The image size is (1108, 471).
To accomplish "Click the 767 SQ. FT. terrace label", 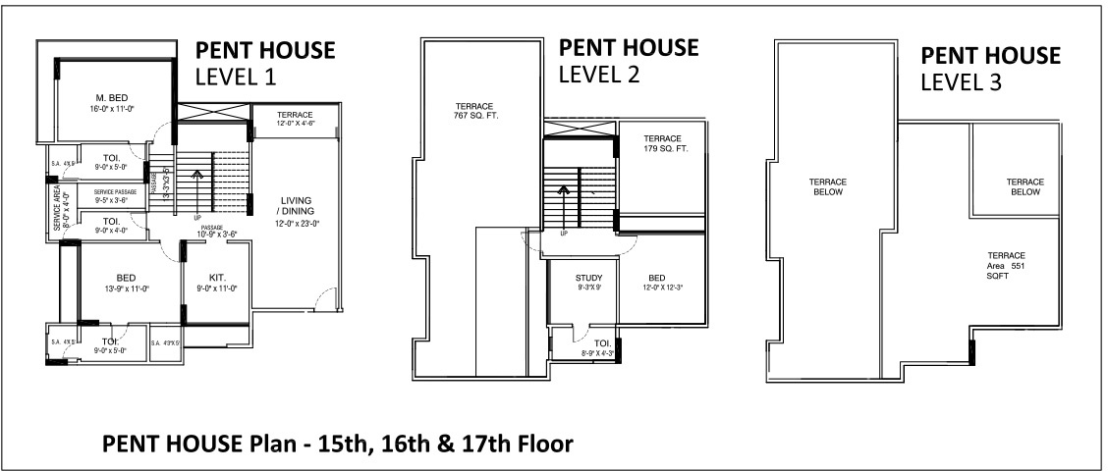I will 473,110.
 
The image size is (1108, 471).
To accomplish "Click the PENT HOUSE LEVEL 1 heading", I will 265,64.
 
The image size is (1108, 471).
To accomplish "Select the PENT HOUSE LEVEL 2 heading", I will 629,60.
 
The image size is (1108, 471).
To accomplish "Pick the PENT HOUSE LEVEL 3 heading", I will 990,69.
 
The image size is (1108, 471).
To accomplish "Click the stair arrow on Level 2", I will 564,193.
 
